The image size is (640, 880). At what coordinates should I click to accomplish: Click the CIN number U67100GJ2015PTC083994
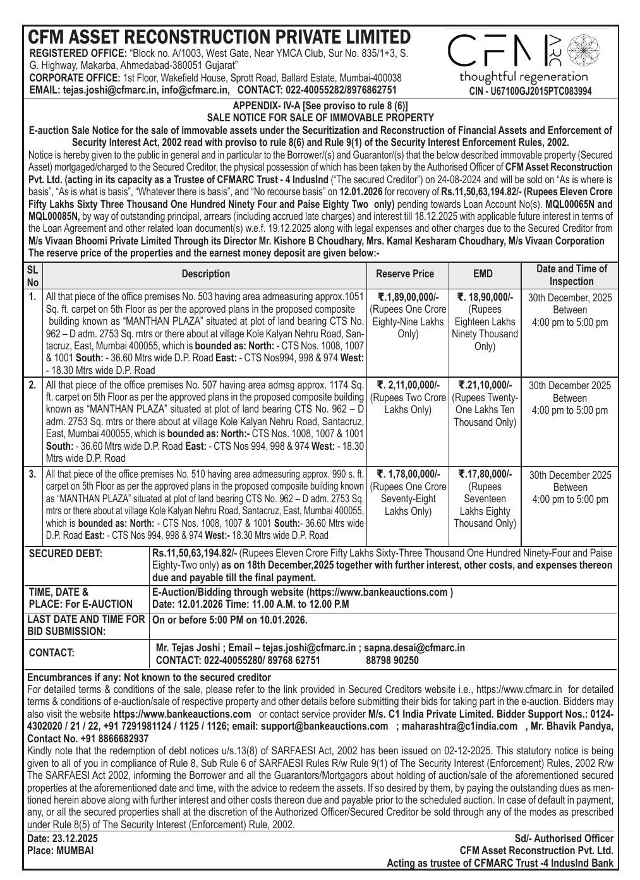tap(530, 91)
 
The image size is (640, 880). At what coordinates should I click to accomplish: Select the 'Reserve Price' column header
tap(405, 274)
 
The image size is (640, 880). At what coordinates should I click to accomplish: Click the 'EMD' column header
tap(483, 274)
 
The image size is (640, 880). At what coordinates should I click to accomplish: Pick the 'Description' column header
tap(206, 274)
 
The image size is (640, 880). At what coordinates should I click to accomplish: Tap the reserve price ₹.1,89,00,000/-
tap(408, 298)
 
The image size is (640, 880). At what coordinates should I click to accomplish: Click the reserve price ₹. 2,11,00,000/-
tap(408, 385)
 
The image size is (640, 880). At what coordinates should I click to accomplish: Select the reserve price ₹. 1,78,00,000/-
tap(408, 474)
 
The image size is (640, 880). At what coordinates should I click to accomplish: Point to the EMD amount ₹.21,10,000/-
tap(485, 385)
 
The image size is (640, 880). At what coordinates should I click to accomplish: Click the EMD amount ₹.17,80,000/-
tap(485, 474)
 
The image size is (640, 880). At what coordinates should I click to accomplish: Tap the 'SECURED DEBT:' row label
tap(66, 554)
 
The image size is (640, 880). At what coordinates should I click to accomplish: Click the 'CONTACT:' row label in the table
tap(52, 653)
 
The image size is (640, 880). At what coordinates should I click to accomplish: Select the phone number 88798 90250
tap(392, 661)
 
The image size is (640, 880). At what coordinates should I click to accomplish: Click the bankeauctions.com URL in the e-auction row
tap(377, 593)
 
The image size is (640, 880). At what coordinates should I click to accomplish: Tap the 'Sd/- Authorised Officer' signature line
tap(564, 839)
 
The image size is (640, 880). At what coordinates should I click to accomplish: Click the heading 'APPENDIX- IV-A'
tap(269, 106)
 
